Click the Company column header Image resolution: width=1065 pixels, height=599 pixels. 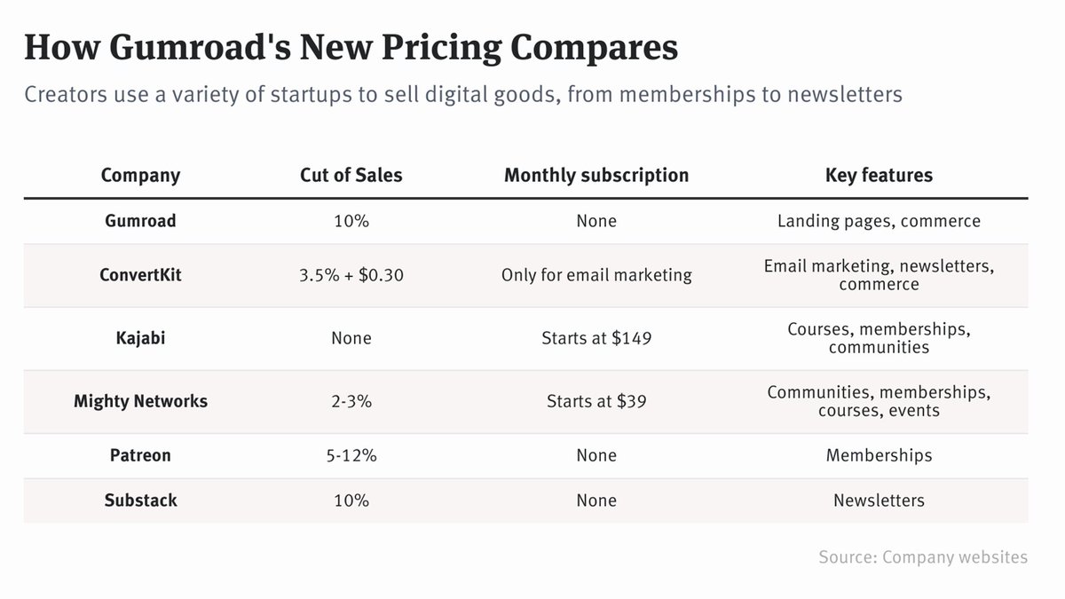140,175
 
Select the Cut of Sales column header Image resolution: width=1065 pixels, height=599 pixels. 351,175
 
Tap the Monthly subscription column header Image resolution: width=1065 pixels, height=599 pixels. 596,175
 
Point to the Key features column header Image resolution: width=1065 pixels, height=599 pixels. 879,175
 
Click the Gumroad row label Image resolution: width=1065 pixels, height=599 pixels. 140,221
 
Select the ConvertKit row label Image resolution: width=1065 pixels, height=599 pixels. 140,275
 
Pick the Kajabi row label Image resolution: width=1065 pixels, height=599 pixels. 140,338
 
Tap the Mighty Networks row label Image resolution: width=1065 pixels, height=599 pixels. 140,401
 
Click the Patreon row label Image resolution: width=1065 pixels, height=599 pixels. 140,455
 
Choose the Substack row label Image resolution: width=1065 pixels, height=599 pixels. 140,500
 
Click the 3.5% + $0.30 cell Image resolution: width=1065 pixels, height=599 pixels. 351,275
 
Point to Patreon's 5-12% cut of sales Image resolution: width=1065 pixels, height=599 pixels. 351,455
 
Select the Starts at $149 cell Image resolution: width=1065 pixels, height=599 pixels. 596,338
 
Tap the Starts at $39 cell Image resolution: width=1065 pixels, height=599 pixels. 596,401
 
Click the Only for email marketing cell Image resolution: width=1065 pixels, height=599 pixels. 596,275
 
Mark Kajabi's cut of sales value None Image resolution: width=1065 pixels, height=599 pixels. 351,338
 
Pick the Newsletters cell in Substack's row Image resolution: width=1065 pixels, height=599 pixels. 879,500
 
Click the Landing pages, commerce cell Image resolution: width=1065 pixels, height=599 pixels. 879,221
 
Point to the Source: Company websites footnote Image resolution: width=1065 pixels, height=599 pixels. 923,557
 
